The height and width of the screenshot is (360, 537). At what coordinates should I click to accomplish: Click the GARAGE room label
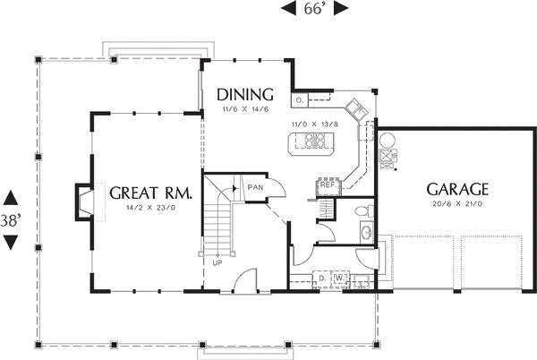click(x=456, y=189)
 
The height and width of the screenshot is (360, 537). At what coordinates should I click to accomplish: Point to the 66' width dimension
click(x=313, y=8)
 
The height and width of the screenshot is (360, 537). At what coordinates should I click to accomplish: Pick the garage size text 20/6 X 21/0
click(x=456, y=205)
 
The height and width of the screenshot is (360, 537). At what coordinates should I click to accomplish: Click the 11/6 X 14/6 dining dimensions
click(x=240, y=108)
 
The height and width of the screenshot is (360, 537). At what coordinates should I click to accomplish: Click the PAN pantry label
click(x=255, y=187)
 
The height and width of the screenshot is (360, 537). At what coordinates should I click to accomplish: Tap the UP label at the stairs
click(x=217, y=262)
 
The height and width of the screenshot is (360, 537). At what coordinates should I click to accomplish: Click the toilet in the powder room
click(x=361, y=212)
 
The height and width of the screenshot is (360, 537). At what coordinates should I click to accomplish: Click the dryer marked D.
click(x=321, y=279)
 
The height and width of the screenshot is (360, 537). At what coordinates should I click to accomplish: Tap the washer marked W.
click(x=339, y=279)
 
